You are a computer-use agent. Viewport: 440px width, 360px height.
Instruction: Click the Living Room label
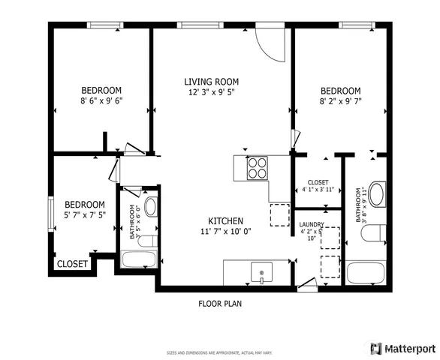click(x=211, y=81)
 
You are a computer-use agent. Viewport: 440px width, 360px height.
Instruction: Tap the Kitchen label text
click(x=225, y=220)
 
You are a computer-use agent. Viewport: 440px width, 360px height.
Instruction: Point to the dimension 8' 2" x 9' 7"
click(x=341, y=100)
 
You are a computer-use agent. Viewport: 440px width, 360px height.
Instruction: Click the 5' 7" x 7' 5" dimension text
click(x=83, y=214)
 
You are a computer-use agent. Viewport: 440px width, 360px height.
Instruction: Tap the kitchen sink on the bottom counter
click(x=260, y=271)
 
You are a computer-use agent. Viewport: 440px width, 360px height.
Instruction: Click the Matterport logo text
click(x=410, y=348)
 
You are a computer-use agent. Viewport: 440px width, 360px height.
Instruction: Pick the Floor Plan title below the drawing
click(x=219, y=304)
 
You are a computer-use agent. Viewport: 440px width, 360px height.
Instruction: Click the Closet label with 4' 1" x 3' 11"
click(x=318, y=186)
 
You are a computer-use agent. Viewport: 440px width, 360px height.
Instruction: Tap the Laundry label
click(x=312, y=225)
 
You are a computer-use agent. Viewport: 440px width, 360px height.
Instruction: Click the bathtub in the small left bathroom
click(x=138, y=260)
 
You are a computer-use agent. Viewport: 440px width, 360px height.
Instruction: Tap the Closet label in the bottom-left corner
click(x=73, y=263)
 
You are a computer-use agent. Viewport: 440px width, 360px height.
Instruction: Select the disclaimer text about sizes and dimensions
click(x=219, y=352)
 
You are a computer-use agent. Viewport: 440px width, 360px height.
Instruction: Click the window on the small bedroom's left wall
click(x=51, y=211)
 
